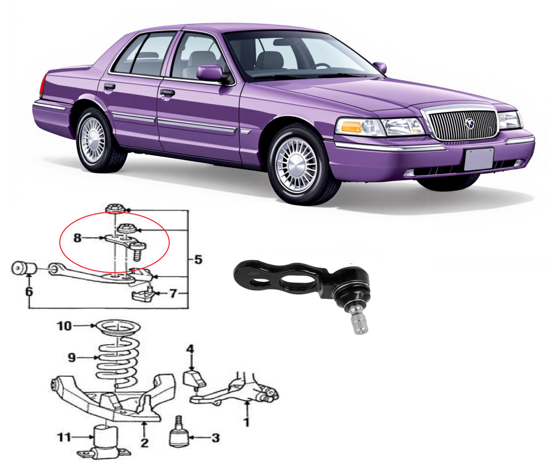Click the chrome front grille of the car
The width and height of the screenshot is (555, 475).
460,125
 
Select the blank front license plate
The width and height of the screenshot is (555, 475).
478,159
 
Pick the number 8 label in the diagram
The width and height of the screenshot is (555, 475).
78,238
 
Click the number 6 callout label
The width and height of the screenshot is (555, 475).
29,290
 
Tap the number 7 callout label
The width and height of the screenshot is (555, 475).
173,293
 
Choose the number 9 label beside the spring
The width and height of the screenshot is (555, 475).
72,357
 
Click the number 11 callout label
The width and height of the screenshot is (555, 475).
65,438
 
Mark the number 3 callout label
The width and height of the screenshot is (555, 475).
215,438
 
